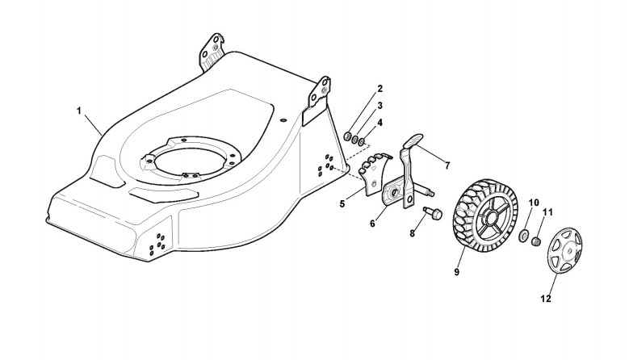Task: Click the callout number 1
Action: pos(79,109)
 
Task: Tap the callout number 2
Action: pos(379,88)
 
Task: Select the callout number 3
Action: pos(379,105)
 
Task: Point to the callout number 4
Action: pos(379,122)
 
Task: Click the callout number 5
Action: pos(342,203)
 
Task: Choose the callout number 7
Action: pos(447,165)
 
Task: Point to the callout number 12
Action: pos(545,299)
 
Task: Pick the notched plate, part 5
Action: pos(373,178)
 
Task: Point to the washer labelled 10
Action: pos(522,237)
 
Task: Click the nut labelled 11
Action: pos(535,240)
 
